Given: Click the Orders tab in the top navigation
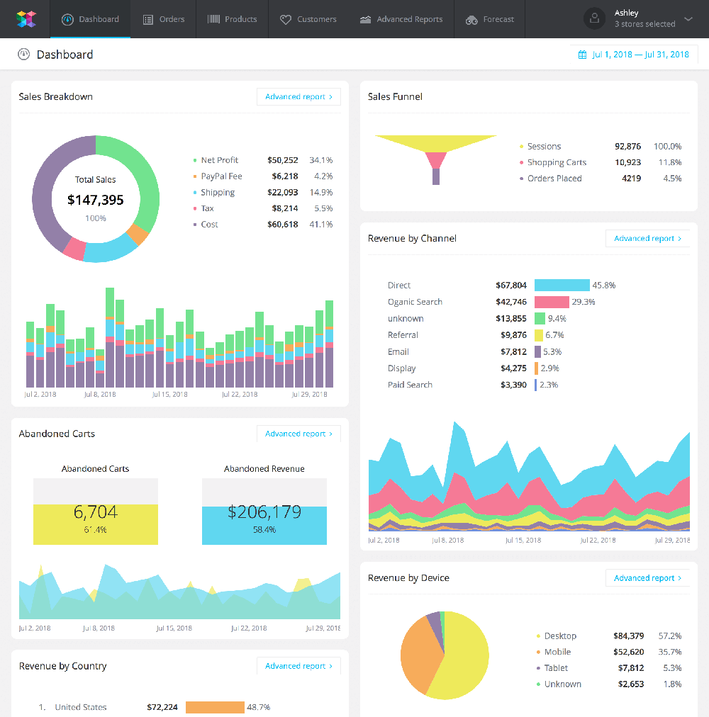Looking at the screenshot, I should click(x=164, y=19).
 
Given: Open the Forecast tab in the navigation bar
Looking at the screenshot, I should click(x=490, y=19).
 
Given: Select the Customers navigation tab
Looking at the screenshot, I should click(x=308, y=19).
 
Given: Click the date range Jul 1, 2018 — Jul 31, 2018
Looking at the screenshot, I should click(x=634, y=55).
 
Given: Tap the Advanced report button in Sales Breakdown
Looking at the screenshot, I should click(x=298, y=97).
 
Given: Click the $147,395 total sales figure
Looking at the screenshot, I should click(x=96, y=200).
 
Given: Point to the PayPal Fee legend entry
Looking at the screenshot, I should click(x=221, y=176).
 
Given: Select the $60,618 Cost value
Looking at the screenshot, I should click(x=283, y=225).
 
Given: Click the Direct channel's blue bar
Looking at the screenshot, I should click(x=562, y=286).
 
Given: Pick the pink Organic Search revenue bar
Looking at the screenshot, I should click(x=552, y=302).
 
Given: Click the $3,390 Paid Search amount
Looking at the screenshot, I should click(x=513, y=385).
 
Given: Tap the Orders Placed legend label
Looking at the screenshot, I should click(x=554, y=179).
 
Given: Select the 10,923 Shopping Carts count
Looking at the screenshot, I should click(x=627, y=162).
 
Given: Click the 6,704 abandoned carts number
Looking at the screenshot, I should click(x=96, y=512).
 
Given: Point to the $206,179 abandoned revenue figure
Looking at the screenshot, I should click(x=264, y=512).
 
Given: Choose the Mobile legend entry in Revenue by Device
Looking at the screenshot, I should click(x=557, y=652).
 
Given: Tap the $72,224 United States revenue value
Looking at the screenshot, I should click(x=162, y=707).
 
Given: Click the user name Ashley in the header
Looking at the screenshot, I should click(x=626, y=13).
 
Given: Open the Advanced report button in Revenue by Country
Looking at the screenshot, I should click(x=298, y=666).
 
